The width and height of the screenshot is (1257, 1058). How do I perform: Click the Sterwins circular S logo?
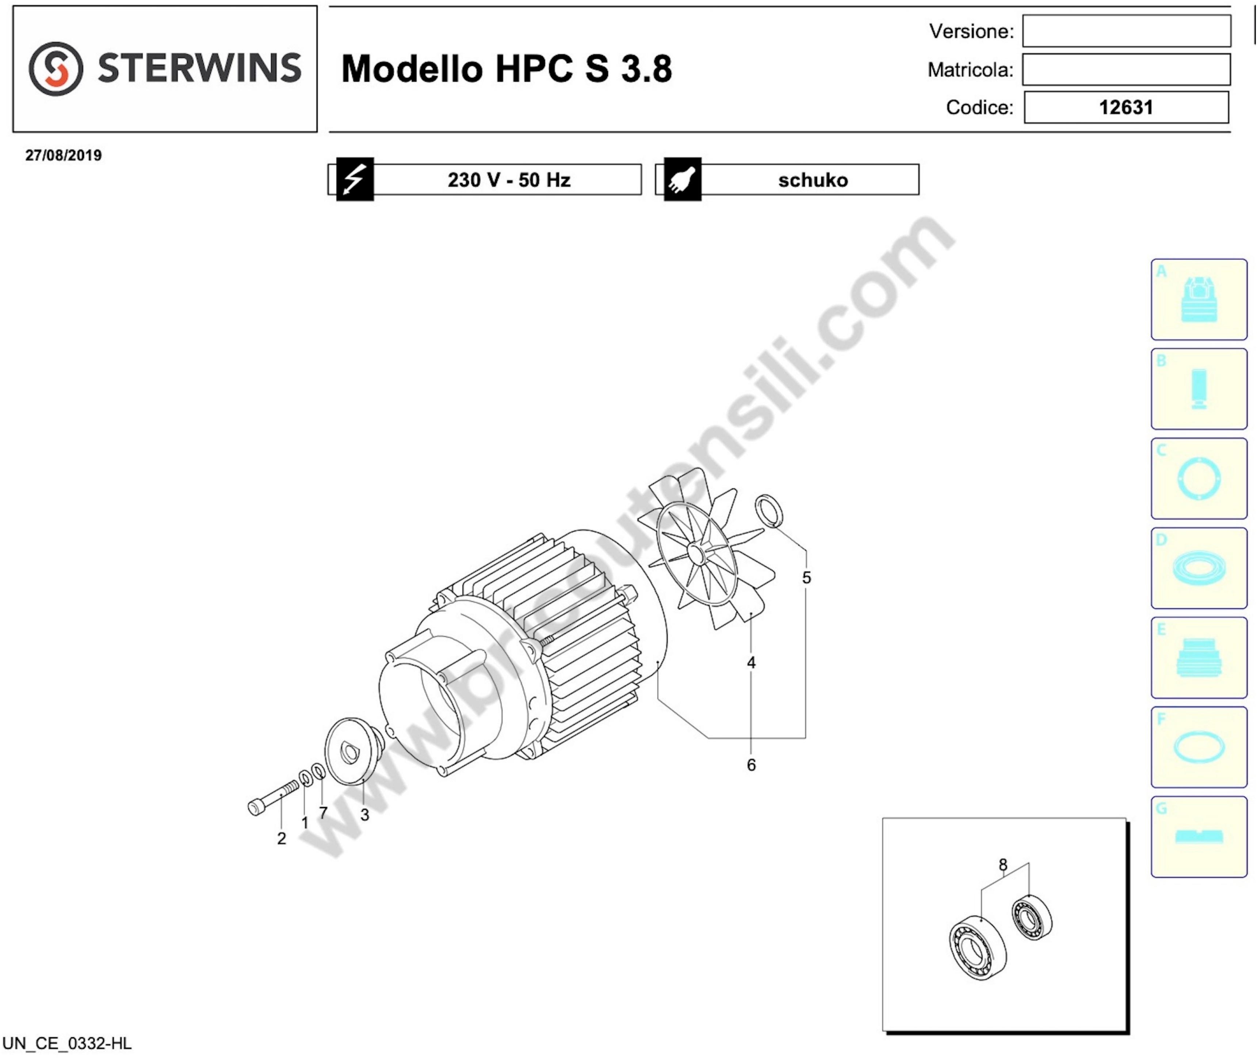pyautogui.click(x=56, y=68)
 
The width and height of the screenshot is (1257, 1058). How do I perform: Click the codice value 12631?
pyautogui.click(x=1126, y=107)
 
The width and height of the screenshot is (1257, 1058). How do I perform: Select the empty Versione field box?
pyautogui.click(x=1126, y=31)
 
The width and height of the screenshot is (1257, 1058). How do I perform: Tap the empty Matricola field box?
pyautogui.click(x=1126, y=69)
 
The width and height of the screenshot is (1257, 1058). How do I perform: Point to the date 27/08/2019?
pyautogui.click(x=64, y=155)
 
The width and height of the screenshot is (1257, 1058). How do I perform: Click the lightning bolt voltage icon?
pyautogui.click(x=355, y=179)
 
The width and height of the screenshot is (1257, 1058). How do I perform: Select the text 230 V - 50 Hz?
pyautogui.click(x=509, y=180)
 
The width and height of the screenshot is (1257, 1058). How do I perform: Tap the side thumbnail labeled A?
pyautogui.click(x=1199, y=299)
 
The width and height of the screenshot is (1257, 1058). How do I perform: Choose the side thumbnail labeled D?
pyautogui.click(x=1199, y=568)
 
